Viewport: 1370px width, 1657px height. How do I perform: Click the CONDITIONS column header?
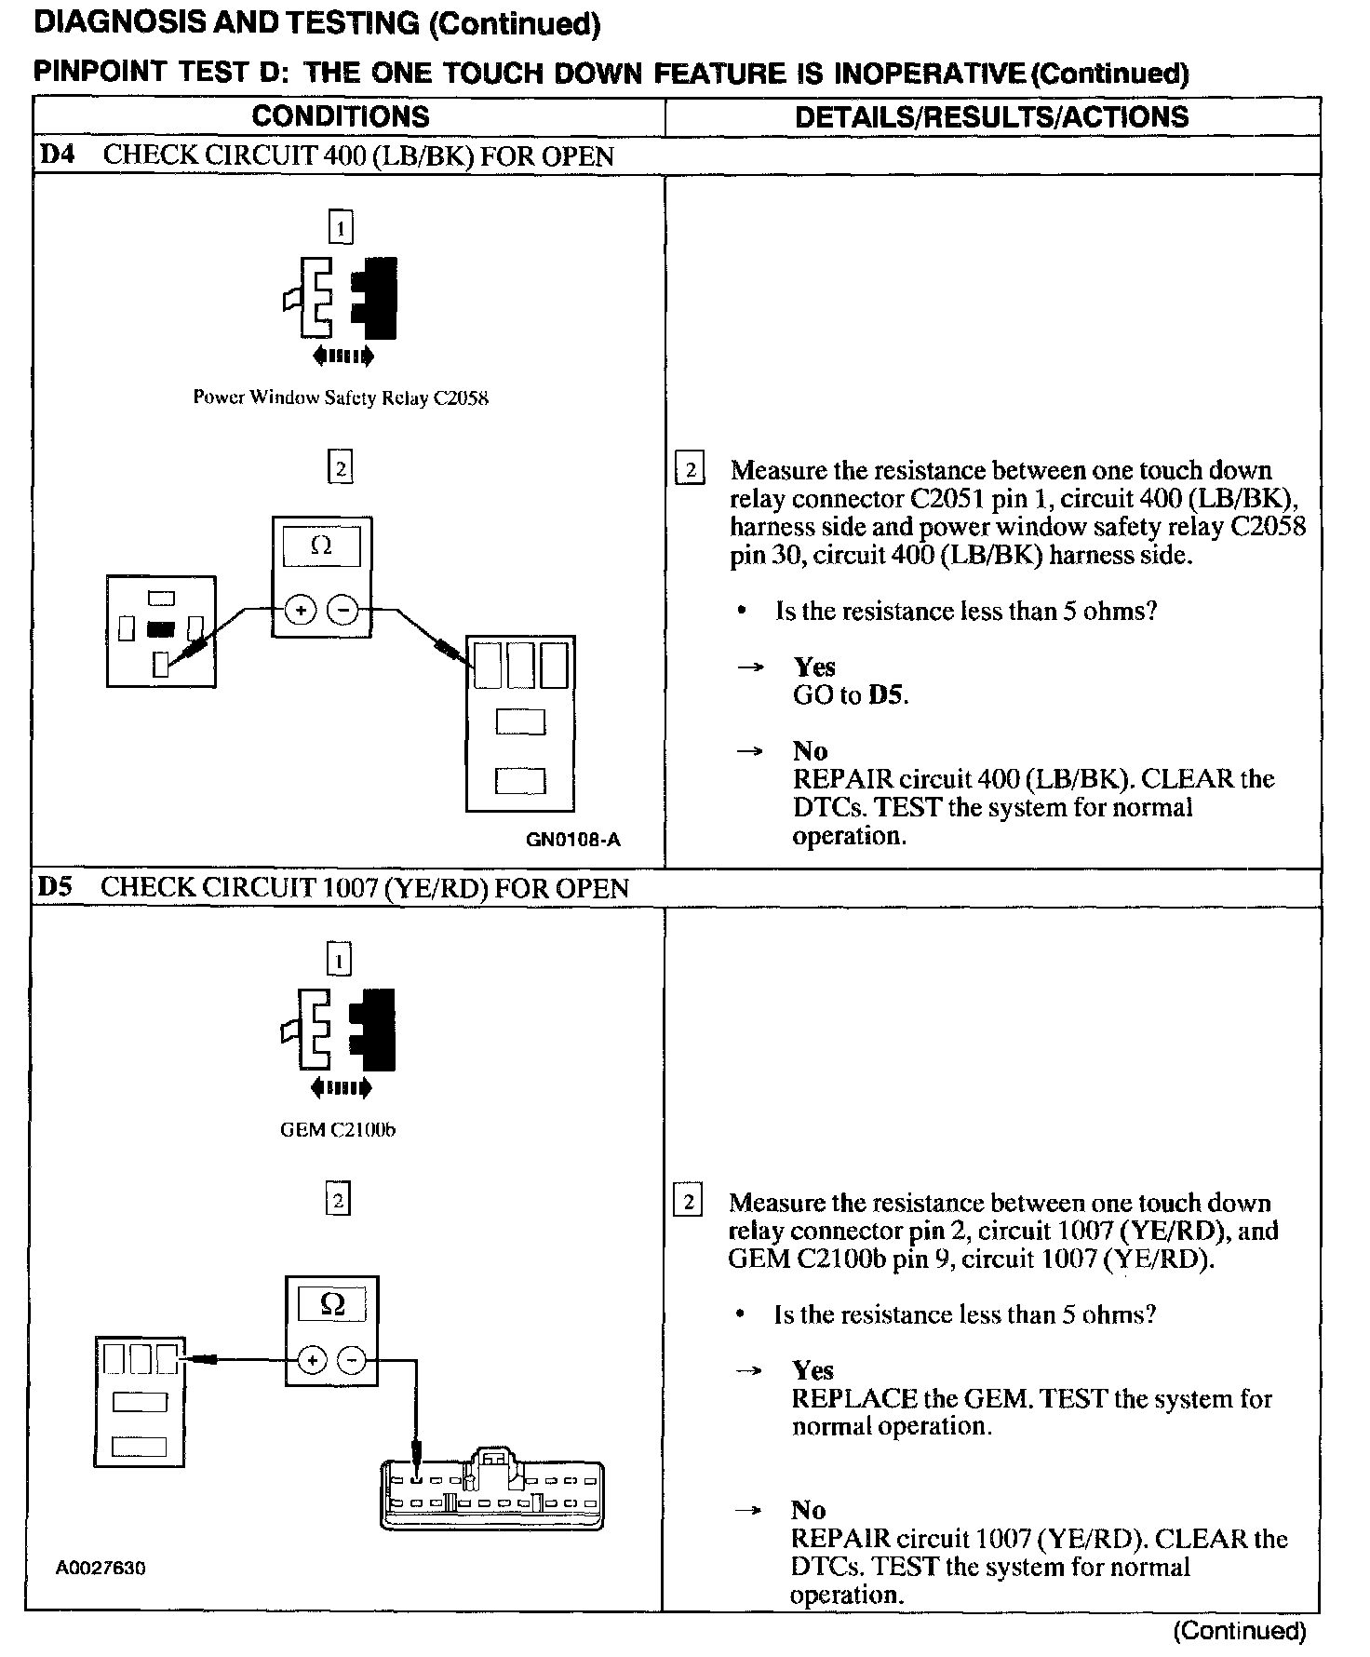tap(341, 116)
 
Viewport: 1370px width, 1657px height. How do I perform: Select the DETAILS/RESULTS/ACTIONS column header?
tap(991, 116)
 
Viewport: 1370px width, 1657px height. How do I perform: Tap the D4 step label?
tap(57, 155)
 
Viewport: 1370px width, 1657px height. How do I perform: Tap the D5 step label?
tap(55, 887)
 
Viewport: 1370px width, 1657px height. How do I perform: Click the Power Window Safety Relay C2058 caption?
tap(341, 398)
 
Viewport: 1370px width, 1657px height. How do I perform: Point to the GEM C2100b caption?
tap(338, 1130)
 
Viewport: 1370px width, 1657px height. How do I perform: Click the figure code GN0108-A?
tap(573, 840)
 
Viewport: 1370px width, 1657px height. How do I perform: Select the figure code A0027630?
tap(101, 1568)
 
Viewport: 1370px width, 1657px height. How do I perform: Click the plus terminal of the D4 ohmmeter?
tap(300, 611)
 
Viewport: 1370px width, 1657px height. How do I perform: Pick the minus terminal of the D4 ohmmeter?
tap(343, 611)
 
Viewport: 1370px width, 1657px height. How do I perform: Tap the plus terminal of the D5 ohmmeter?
tap(312, 1360)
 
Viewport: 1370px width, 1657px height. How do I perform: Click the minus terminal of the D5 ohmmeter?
tap(352, 1360)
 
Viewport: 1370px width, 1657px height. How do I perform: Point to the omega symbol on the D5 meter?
tap(332, 1305)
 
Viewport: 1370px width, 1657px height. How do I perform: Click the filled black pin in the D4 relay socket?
tap(161, 628)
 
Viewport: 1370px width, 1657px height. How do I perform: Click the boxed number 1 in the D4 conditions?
tap(341, 227)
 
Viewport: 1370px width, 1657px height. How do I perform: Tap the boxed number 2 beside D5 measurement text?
tap(688, 1202)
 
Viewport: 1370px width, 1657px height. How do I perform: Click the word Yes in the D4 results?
tap(814, 667)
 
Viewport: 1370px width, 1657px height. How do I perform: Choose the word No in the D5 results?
tap(809, 1509)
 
